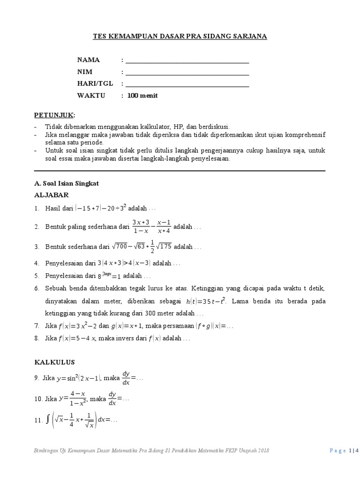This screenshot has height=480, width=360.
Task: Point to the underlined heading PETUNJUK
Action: tap(54, 115)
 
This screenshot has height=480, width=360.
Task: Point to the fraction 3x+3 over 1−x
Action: tap(141, 226)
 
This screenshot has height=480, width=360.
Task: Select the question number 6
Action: tap(37, 287)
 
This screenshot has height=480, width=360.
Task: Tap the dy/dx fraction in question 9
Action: tap(126, 377)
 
